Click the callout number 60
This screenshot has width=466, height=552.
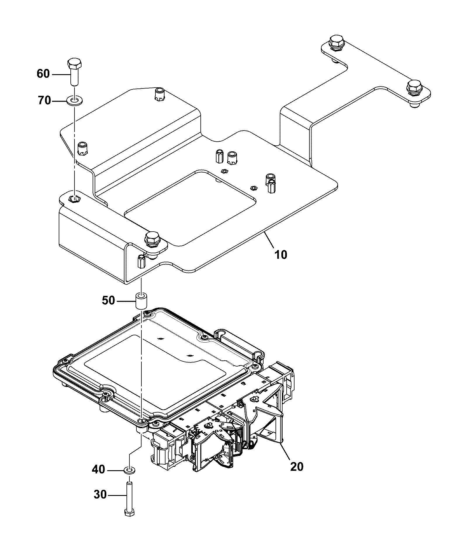coord(43,74)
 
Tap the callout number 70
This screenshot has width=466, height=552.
coord(44,101)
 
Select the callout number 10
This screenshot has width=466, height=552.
coord(280,254)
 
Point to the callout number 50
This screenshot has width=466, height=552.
coord(108,300)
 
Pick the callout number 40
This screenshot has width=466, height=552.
coord(98,478)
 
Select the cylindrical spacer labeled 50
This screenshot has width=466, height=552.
coord(141,301)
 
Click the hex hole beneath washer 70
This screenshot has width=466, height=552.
coord(75,199)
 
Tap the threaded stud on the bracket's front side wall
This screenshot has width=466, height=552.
coord(142,261)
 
